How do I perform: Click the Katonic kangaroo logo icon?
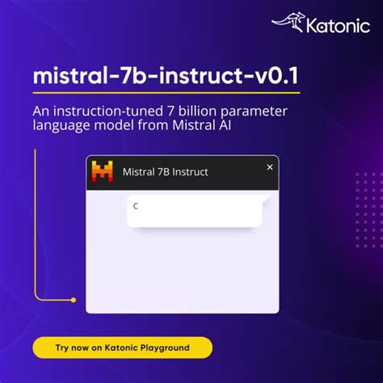(288, 24)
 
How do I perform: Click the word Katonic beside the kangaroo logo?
(334, 25)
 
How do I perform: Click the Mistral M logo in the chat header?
(103, 171)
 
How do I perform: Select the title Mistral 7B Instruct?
(165, 172)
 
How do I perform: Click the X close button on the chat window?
(270, 166)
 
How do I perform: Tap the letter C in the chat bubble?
(136, 205)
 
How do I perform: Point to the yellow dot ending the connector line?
(74, 300)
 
